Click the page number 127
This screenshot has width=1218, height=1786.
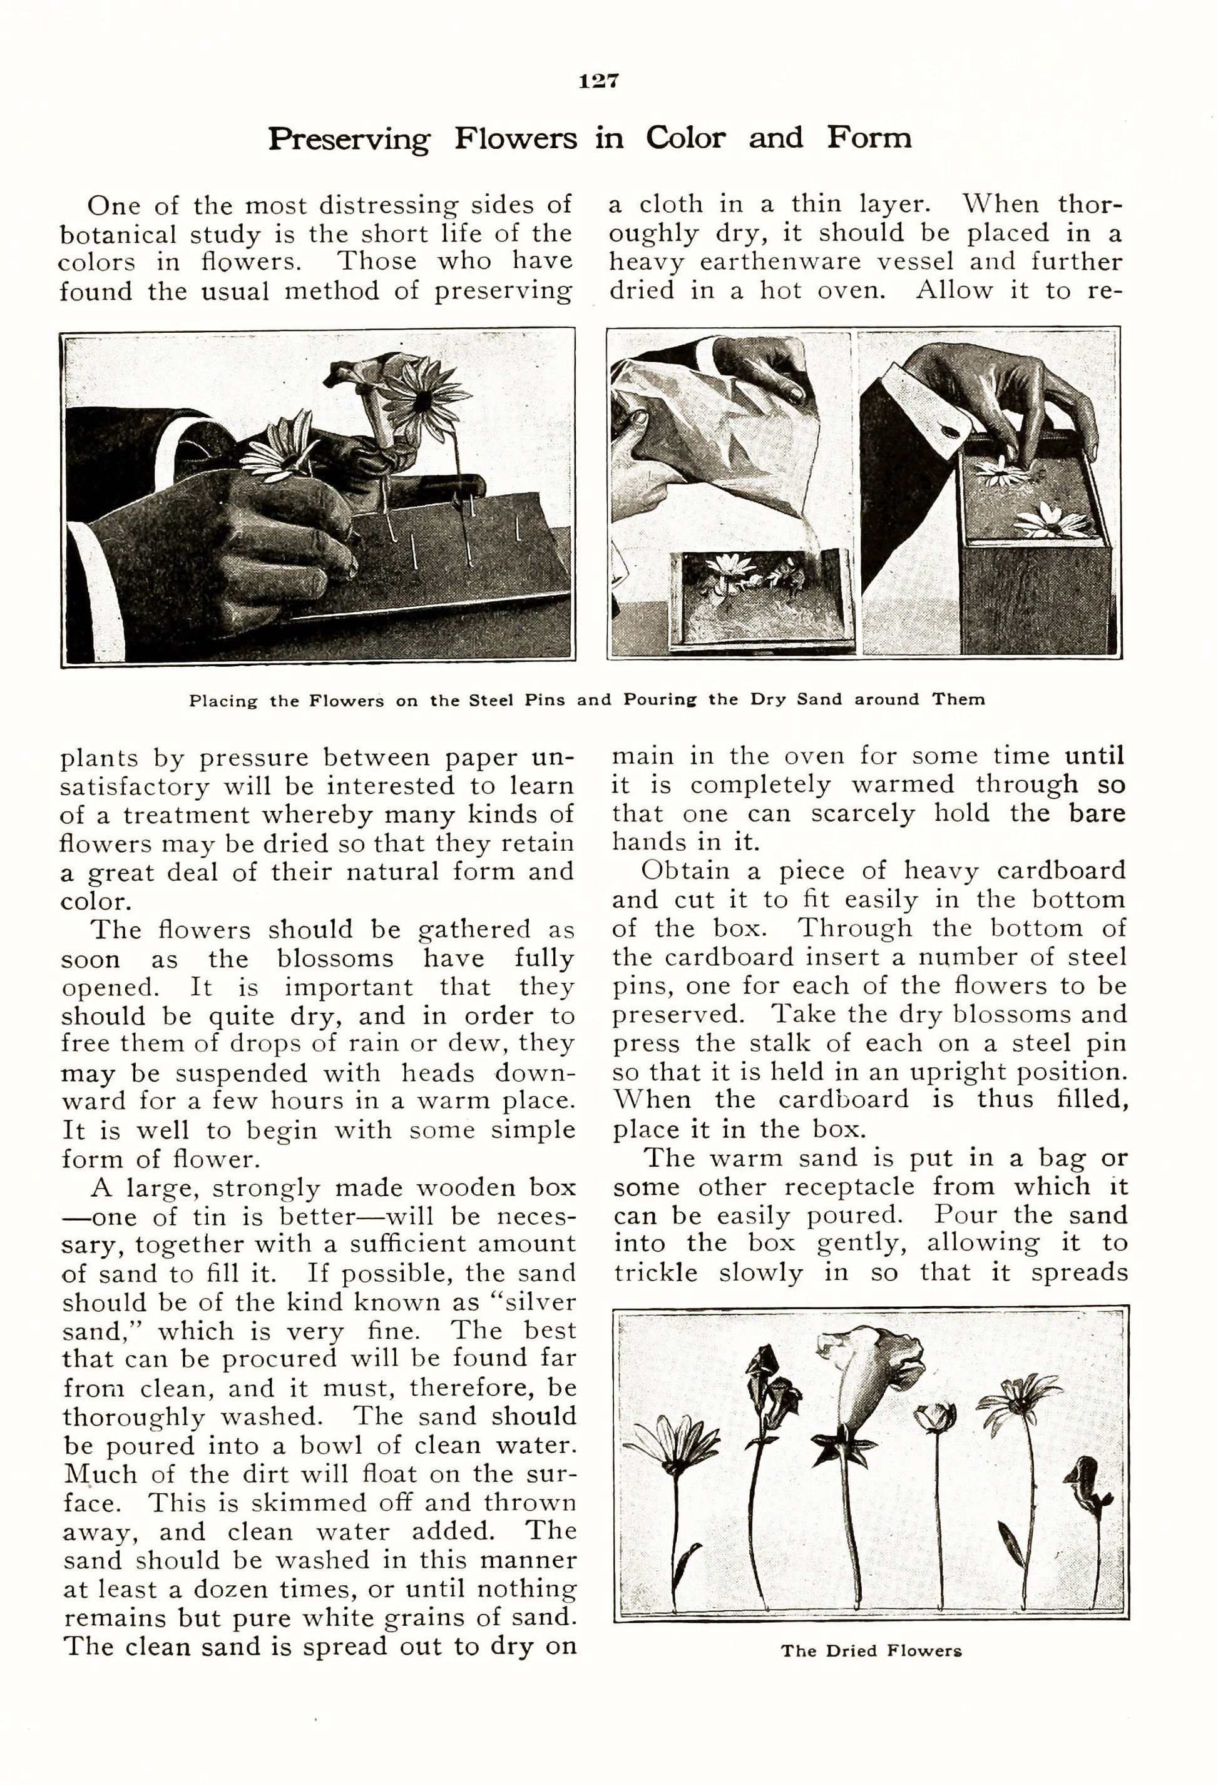click(x=598, y=81)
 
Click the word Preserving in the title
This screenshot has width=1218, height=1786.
click(x=349, y=139)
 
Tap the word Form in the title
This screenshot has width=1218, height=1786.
click(x=869, y=138)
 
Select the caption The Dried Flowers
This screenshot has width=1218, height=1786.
click(x=871, y=1650)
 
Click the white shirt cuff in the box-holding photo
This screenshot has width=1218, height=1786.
click(x=923, y=394)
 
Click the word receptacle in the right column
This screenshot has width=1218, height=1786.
click(x=849, y=1187)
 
